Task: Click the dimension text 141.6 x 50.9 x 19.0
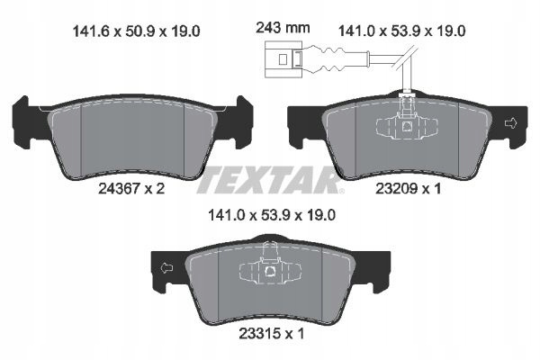[x=136, y=31]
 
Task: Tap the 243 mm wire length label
[x=283, y=28]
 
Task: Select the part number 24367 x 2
[x=131, y=188]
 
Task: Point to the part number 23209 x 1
[x=408, y=188]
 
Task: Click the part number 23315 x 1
[x=272, y=334]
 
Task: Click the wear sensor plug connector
[x=283, y=59]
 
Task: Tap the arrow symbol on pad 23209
[x=510, y=123]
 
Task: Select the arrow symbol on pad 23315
[x=167, y=268]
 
